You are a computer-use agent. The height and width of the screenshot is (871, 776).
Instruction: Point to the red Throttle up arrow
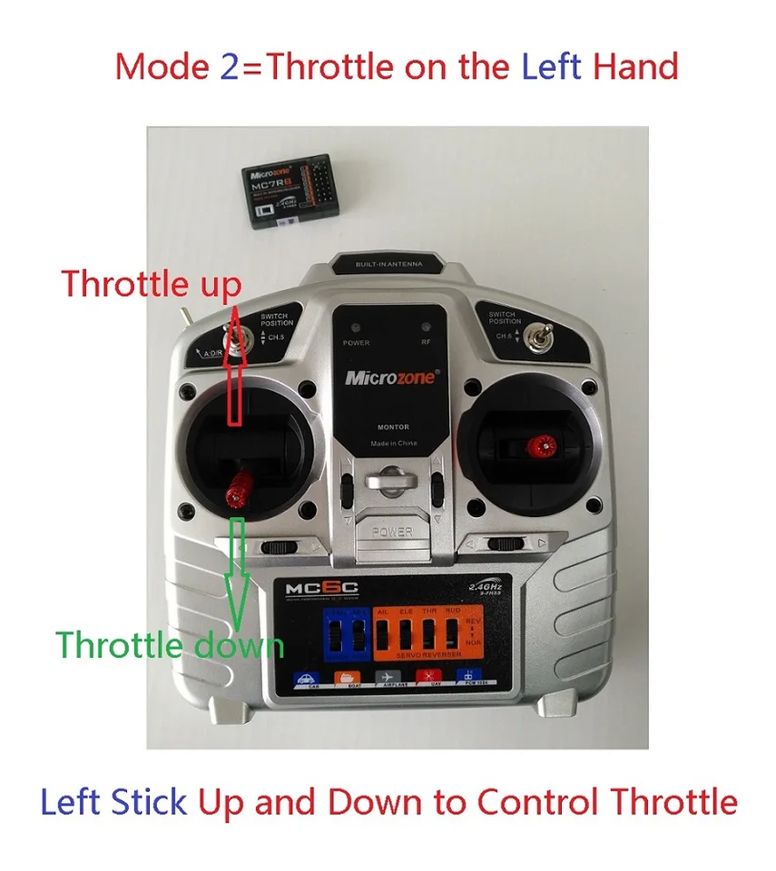pyautogui.click(x=233, y=363)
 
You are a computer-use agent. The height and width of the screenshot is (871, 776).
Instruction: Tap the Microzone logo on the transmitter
pyautogui.click(x=389, y=377)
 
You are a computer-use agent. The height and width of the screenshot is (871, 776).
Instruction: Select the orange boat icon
pyautogui.click(x=346, y=680)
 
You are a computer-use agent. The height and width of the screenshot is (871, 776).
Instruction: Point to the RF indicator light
pyautogui.click(x=424, y=329)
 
